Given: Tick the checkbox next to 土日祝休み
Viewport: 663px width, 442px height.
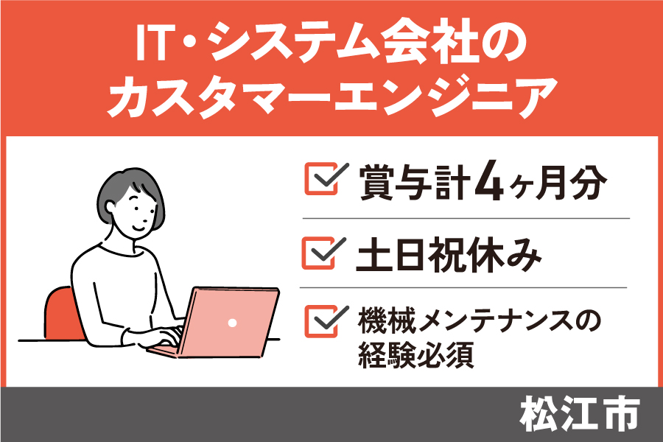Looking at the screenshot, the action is [322, 253].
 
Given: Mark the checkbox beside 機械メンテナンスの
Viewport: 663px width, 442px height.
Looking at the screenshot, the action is [324, 321].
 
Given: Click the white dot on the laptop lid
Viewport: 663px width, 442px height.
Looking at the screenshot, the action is [232, 323].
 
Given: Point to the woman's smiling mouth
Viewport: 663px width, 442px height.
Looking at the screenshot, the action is [139, 228].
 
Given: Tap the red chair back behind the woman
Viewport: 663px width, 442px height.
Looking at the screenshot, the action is [61, 313].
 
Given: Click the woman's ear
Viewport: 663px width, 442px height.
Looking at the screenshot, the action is [110, 208].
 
